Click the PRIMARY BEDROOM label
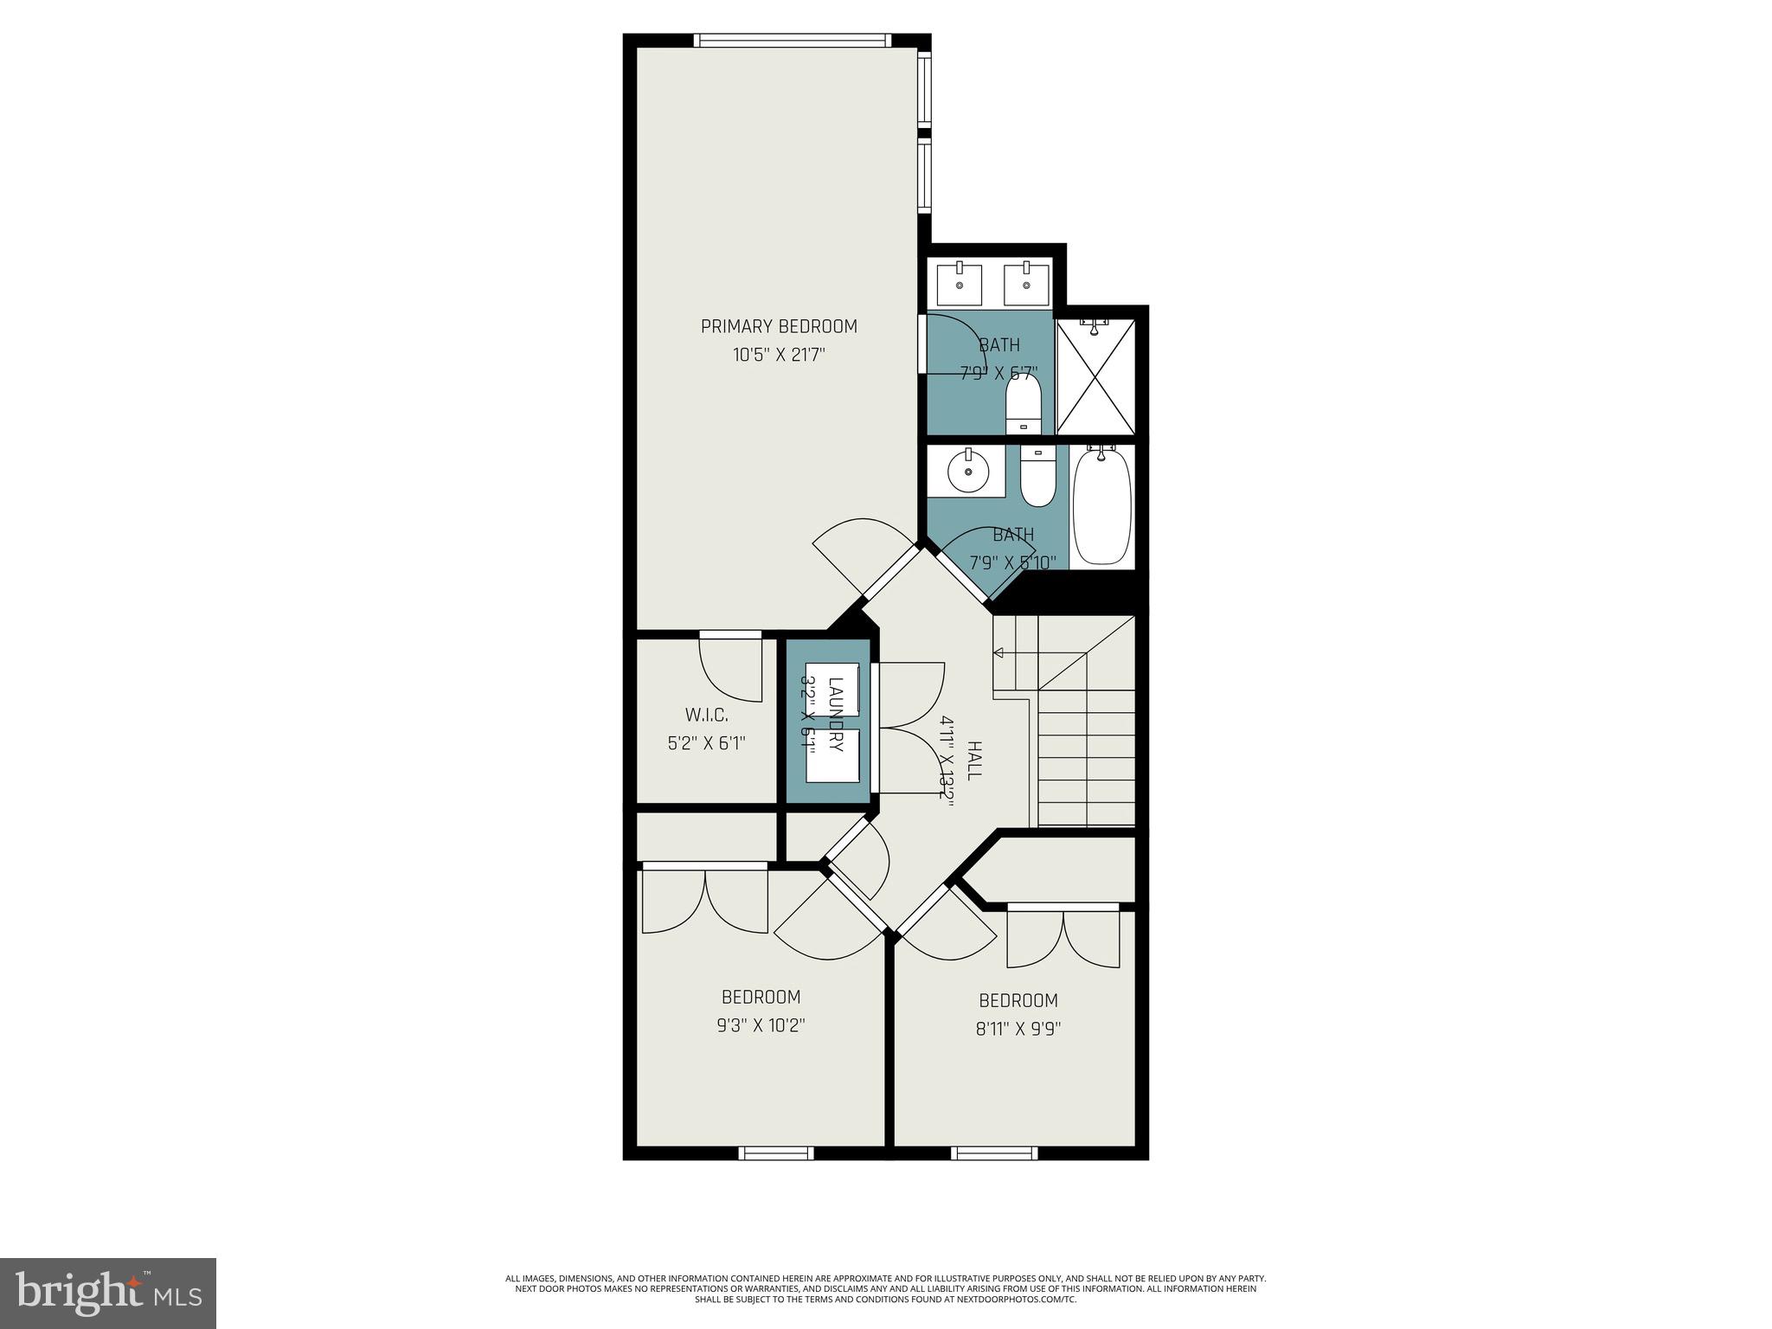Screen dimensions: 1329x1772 779,326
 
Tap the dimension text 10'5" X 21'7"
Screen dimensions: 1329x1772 779,355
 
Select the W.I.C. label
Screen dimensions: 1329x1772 706,716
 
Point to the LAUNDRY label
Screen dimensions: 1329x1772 836,715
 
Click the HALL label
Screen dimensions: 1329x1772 974,761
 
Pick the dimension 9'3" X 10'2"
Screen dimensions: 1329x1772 761,1025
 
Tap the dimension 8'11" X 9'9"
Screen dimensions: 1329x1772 1018,1029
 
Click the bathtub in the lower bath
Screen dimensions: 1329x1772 1101,506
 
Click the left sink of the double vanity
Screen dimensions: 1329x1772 960,285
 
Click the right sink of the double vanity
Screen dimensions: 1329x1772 1026,285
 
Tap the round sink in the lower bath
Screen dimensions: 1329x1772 966,472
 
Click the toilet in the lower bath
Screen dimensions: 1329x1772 1037,478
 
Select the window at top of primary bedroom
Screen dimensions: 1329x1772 792,40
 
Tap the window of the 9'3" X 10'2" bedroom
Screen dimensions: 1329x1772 776,1152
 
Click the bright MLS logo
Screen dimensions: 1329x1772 108,1293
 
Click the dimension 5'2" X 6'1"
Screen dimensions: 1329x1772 706,743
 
